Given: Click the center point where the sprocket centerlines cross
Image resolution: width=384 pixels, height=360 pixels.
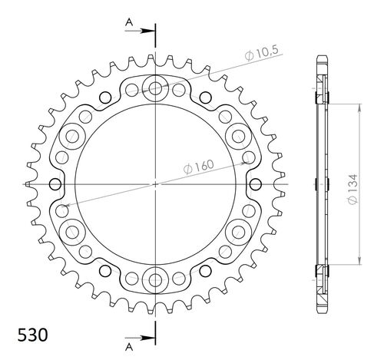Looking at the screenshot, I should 156,183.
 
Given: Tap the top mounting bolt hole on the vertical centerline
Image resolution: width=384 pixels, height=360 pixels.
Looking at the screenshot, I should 156,88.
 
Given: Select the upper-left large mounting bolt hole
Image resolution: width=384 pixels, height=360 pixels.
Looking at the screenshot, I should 74,137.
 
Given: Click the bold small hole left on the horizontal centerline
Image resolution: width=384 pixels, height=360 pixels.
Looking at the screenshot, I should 55,183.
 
